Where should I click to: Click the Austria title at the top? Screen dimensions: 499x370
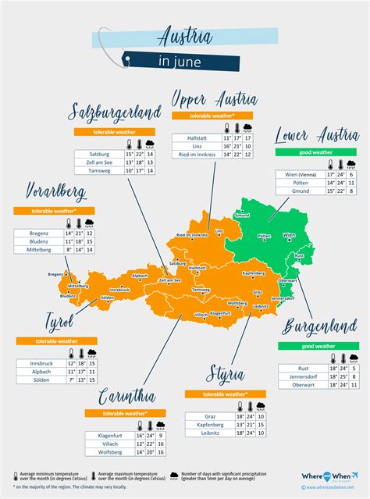pos(184,36)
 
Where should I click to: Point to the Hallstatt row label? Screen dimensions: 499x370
pos(197,137)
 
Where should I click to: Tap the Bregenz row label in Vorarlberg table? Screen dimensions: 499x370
pos(39,233)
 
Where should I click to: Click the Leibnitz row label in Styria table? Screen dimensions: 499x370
pos(210,432)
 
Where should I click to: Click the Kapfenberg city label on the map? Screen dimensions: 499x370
pos(254,273)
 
